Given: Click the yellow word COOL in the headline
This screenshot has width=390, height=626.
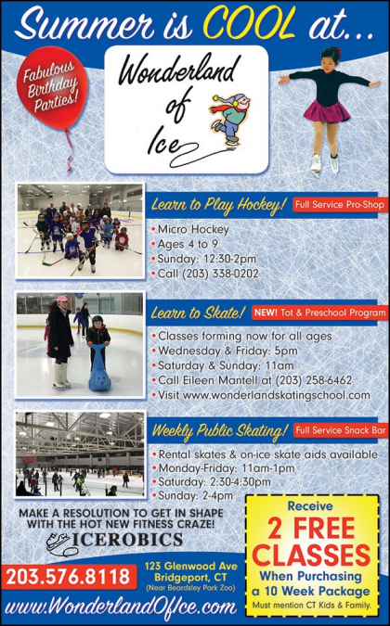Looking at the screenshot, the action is (x=250, y=23).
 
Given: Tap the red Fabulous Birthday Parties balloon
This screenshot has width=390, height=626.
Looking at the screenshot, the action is (x=52, y=88).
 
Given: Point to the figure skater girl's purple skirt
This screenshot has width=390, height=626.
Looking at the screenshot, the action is (x=327, y=112).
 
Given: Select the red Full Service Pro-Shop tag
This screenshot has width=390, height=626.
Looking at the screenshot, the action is (x=340, y=205).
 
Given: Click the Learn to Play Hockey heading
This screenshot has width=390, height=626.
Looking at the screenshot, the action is (x=218, y=205).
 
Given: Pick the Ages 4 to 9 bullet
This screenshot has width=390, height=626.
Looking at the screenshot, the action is (x=188, y=244).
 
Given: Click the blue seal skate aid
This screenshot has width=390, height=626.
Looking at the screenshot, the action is (x=99, y=367).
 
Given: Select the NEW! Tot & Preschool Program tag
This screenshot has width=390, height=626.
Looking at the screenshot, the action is (x=319, y=313).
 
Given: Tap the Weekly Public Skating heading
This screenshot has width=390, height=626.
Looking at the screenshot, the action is (x=220, y=430).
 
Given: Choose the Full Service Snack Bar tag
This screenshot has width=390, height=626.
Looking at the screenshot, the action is (x=341, y=430).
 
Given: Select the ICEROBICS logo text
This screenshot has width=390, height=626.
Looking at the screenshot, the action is (x=127, y=540).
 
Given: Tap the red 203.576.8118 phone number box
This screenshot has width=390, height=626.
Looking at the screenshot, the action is (x=69, y=577).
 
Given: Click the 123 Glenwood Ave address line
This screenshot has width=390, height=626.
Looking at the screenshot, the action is (x=191, y=566).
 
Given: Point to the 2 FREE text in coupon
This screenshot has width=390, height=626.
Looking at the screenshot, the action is (x=311, y=529).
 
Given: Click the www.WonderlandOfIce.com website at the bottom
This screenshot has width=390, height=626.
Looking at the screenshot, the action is (x=121, y=607).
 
